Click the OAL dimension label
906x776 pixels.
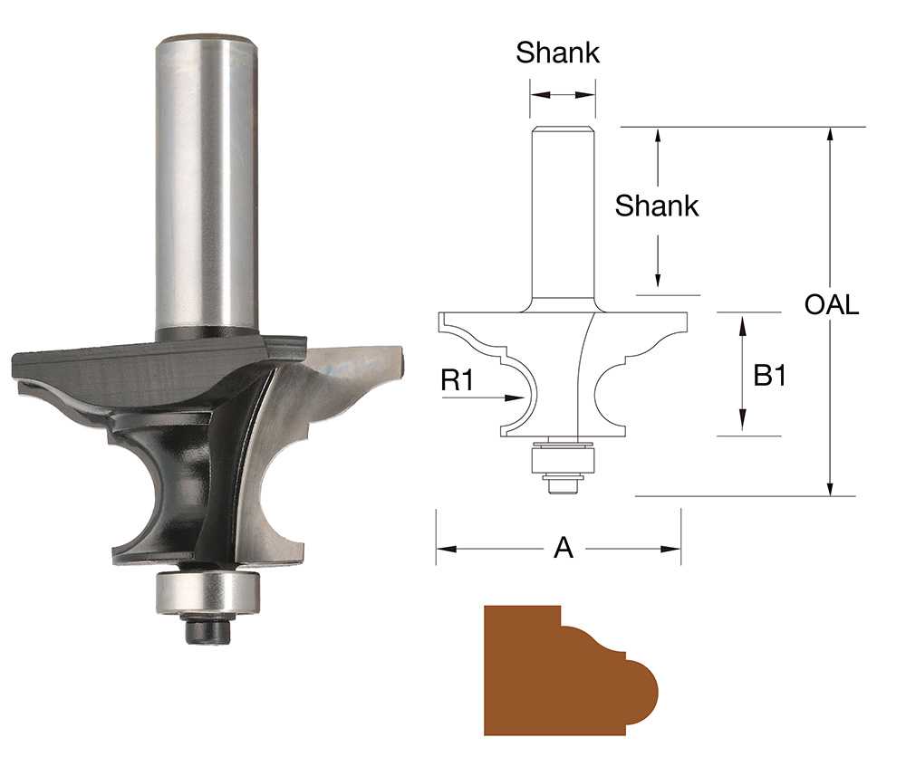[x=831, y=304]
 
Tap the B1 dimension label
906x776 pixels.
[x=769, y=375]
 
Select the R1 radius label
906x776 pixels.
[x=458, y=380]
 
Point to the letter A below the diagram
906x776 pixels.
[x=563, y=548]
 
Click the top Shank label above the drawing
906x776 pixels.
[x=557, y=53]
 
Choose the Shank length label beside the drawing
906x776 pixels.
[x=657, y=206]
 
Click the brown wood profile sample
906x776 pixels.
[x=544, y=670]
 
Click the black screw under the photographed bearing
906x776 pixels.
[x=207, y=628]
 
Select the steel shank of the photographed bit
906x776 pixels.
[x=207, y=181]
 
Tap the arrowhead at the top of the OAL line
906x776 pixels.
[x=830, y=133]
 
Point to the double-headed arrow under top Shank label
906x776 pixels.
[x=563, y=93]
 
